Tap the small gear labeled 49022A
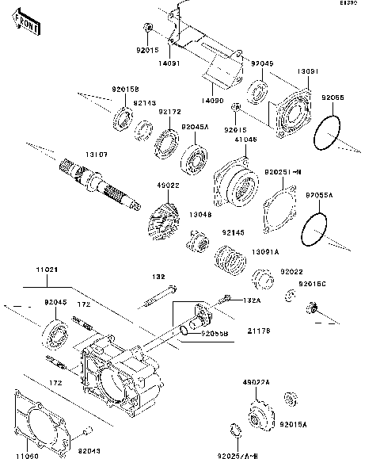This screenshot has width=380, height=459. (x=257, y=412)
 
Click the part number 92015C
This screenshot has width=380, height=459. (x=312, y=283)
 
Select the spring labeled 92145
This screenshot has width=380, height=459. (x=230, y=258)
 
